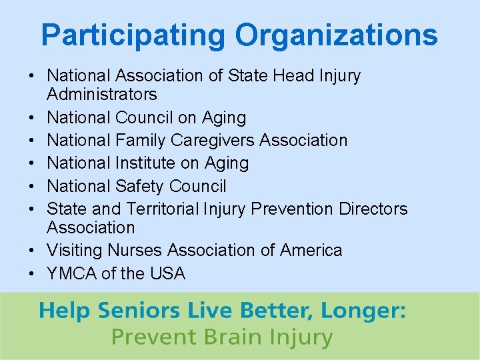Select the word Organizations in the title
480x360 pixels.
(x=337, y=35)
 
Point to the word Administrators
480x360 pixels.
(x=102, y=95)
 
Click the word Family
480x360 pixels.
(x=140, y=141)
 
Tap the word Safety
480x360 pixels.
(x=141, y=186)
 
